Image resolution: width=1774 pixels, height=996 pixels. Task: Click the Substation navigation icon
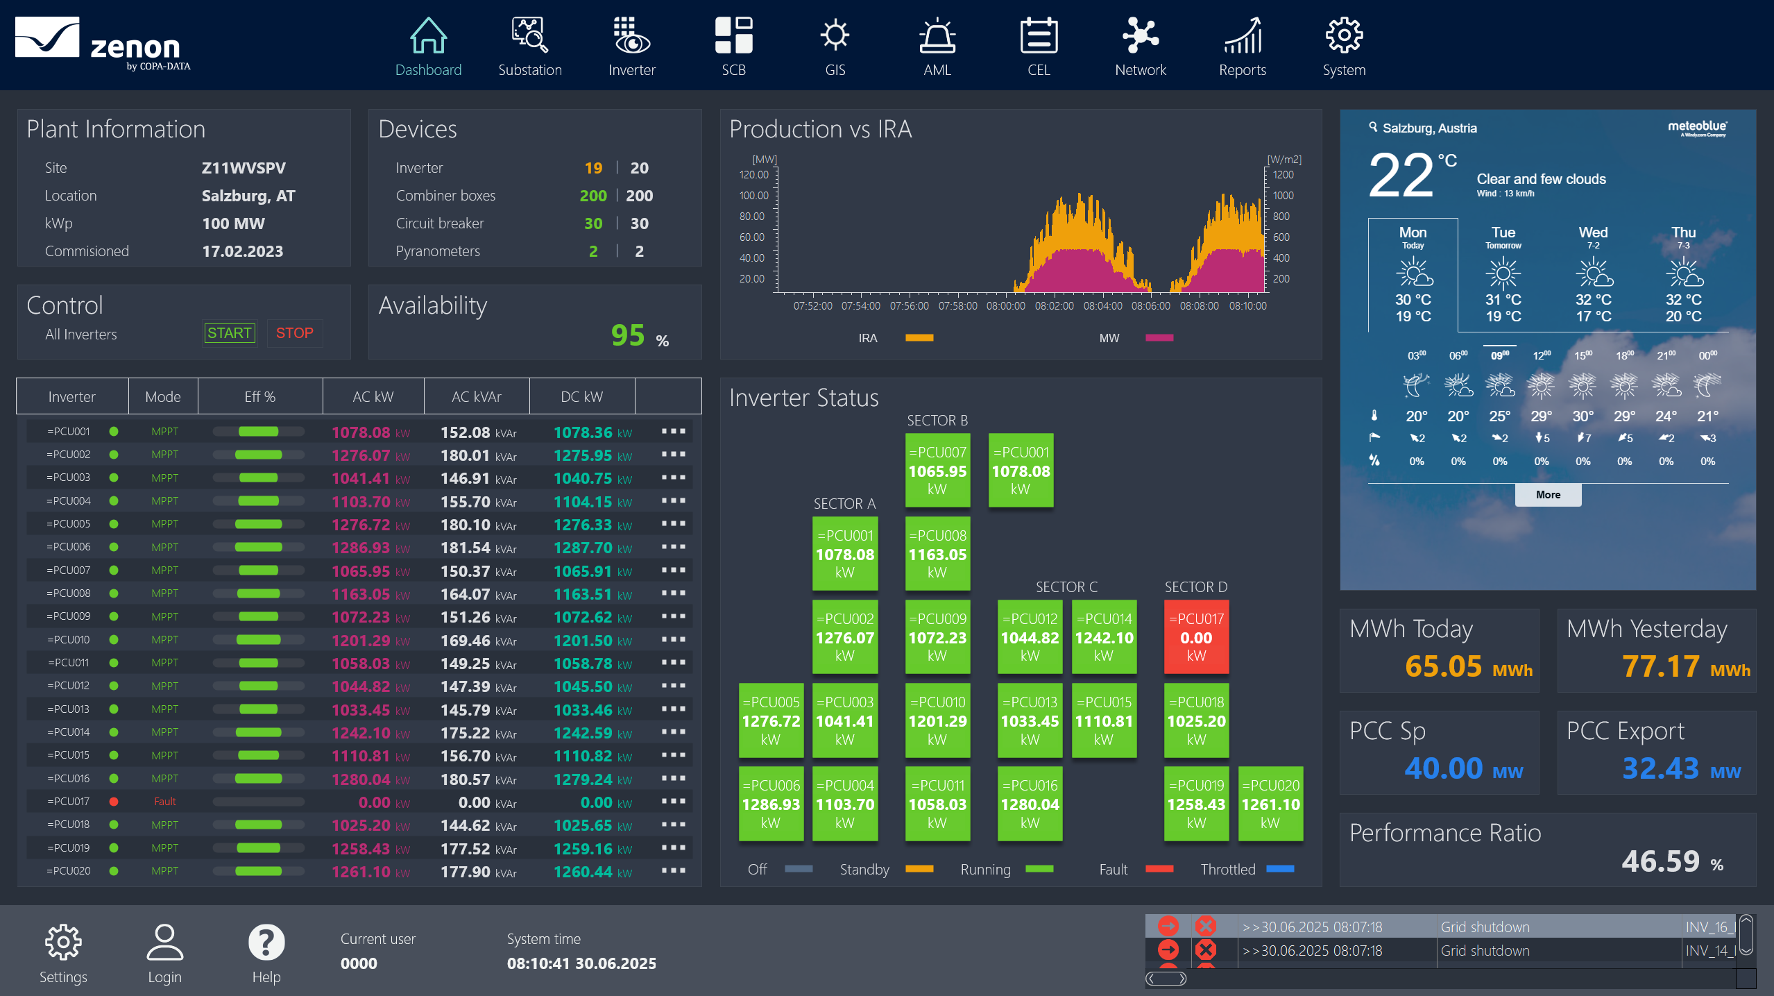point(529,36)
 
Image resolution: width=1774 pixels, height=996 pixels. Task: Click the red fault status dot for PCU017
point(114,802)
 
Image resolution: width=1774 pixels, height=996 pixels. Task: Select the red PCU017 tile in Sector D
point(1196,637)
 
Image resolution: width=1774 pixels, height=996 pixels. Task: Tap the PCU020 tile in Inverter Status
point(1270,804)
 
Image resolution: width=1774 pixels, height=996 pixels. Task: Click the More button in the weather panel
point(1548,495)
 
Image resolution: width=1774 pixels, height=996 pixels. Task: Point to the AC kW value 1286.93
point(361,548)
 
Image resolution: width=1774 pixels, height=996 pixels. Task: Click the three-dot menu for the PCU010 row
point(673,639)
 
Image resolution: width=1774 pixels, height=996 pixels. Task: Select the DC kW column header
point(581,397)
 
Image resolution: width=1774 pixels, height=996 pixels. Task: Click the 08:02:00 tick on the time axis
point(1054,306)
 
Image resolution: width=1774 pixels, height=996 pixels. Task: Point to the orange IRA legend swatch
point(919,338)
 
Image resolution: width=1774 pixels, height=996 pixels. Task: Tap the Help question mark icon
point(266,943)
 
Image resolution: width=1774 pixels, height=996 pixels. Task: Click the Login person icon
point(164,943)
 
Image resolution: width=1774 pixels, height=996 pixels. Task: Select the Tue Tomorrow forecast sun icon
point(1503,273)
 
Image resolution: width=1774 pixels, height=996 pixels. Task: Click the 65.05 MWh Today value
point(1443,666)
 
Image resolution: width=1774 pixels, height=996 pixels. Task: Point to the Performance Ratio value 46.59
point(1660,861)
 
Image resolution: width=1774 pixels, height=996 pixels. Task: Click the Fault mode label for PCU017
point(164,802)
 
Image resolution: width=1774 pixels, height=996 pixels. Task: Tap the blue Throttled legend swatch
point(1280,869)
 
